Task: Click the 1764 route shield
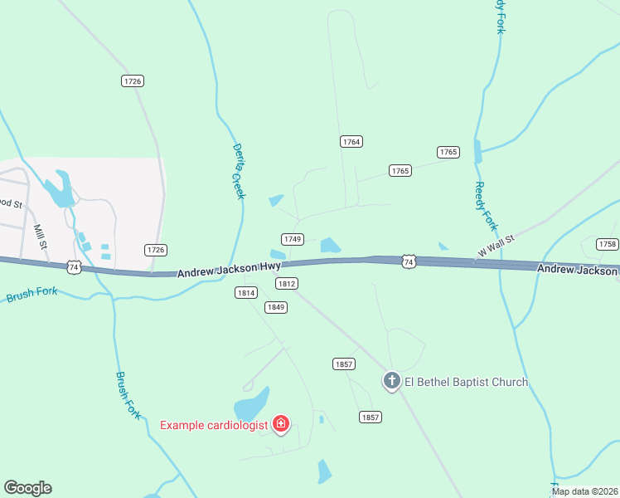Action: (x=351, y=142)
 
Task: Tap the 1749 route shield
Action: (x=292, y=239)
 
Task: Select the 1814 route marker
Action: (x=246, y=292)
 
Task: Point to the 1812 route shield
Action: (x=287, y=283)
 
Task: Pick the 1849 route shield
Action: (x=276, y=307)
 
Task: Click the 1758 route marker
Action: (x=608, y=244)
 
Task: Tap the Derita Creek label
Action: (x=239, y=171)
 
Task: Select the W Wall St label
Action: (x=496, y=245)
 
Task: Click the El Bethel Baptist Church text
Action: (x=466, y=382)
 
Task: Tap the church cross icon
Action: (x=391, y=381)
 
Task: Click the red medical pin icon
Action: (x=281, y=425)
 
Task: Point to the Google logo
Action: (x=27, y=487)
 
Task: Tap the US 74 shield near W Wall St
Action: (x=408, y=261)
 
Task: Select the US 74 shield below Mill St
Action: (x=74, y=266)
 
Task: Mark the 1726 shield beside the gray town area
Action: (x=156, y=250)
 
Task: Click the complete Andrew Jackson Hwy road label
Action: (x=228, y=270)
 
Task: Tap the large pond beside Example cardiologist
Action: (x=252, y=405)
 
